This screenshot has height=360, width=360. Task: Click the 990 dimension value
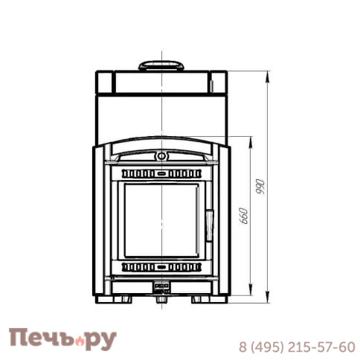click(260, 187)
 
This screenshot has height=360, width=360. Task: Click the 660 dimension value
click(244, 216)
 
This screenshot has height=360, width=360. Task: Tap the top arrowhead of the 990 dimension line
click(267, 77)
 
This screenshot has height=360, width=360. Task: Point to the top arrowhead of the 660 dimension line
click(251, 141)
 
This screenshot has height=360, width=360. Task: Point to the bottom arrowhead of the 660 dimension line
click(251, 290)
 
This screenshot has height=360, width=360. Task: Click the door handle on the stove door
click(209, 225)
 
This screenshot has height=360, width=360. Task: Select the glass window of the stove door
click(161, 220)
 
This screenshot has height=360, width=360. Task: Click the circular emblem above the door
click(161, 156)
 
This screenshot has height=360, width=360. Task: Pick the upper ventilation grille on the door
click(161, 174)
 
